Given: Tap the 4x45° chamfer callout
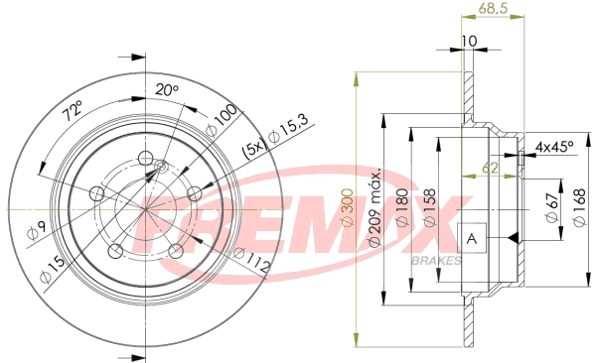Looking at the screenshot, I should (554, 147).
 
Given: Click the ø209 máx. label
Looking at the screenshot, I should (375, 214).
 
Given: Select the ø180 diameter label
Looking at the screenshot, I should (402, 211).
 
